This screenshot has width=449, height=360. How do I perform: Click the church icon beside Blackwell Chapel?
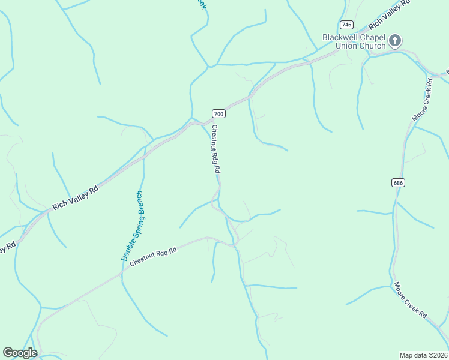(x=394, y=41)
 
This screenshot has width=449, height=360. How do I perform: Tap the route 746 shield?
(x=346, y=25)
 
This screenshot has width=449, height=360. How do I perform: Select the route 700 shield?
(x=218, y=113)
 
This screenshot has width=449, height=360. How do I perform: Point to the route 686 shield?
(x=399, y=182)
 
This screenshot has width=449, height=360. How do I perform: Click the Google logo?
(x=20, y=353)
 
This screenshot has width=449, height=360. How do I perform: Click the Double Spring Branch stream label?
(x=132, y=225)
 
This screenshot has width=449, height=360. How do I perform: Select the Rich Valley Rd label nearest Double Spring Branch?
(x=75, y=197)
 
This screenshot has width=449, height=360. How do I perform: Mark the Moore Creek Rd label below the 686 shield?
(x=411, y=300)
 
